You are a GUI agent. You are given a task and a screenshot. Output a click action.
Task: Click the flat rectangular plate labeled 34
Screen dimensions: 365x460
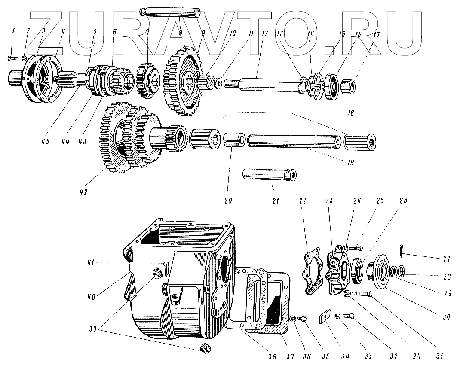click(326, 317)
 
